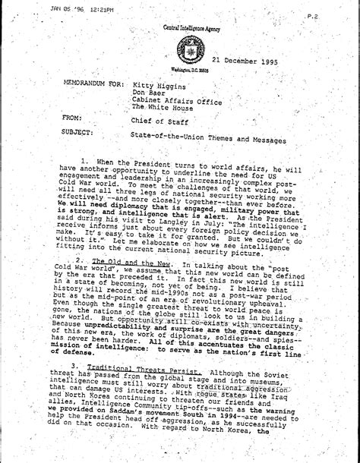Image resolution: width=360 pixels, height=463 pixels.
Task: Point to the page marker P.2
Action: click(x=333, y=15)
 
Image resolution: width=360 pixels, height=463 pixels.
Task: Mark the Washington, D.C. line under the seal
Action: click(x=189, y=70)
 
